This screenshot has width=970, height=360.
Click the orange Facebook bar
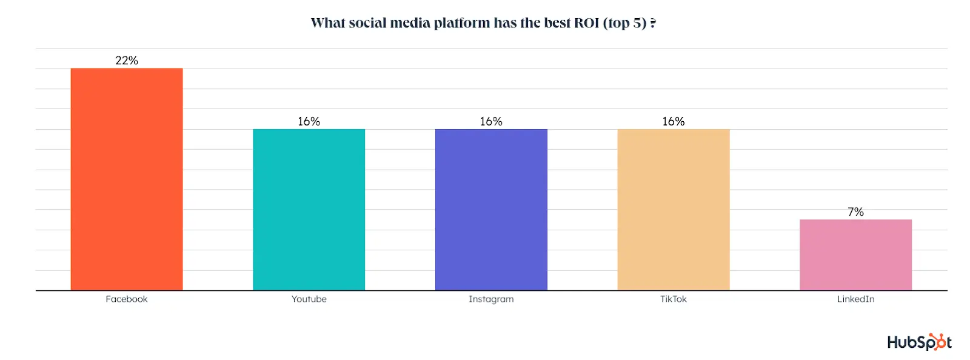[x=126, y=179]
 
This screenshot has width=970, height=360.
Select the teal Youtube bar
[x=309, y=210]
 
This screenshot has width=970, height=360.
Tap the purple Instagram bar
[x=491, y=210]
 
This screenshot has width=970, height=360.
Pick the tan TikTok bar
[x=673, y=210]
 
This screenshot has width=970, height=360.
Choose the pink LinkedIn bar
[x=855, y=255]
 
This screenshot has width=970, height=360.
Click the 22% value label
[x=126, y=61]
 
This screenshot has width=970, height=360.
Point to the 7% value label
[x=855, y=212]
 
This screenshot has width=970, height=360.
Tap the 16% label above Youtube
[x=309, y=122]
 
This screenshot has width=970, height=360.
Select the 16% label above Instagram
[x=491, y=122]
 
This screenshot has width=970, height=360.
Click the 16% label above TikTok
[x=673, y=122]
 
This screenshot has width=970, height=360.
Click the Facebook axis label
[x=126, y=299]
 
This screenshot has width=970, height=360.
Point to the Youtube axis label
[x=309, y=299]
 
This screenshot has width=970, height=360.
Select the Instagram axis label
[x=491, y=299]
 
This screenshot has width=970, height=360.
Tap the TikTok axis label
[x=673, y=299]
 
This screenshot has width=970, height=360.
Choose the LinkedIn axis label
[x=855, y=299]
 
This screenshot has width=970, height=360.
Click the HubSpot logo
[x=919, y=342]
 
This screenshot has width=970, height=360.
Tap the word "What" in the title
[x=327, y=23]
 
